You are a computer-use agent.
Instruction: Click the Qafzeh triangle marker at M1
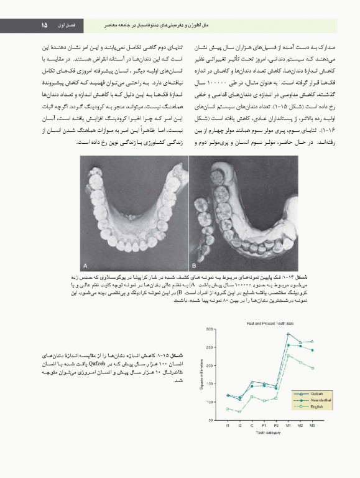[x=288, y=334]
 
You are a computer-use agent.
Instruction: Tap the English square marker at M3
[x=312, y=368]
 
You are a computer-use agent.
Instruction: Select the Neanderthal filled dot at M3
[x=312, y=350]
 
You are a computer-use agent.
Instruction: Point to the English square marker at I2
[x=240, y=411]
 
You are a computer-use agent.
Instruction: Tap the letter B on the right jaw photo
[x=194, y=256]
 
